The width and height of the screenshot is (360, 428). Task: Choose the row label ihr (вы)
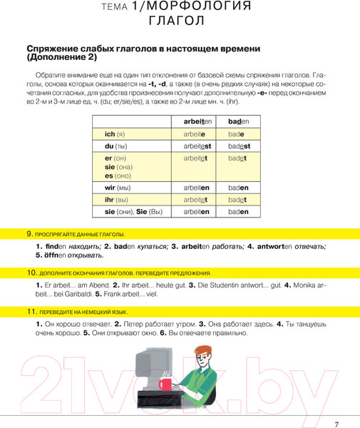tap(115, 200)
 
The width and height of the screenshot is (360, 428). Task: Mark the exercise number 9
tap(29, 234)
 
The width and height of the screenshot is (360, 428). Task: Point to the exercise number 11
tap(31, 312)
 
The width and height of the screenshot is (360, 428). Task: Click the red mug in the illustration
tap(165, 384)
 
